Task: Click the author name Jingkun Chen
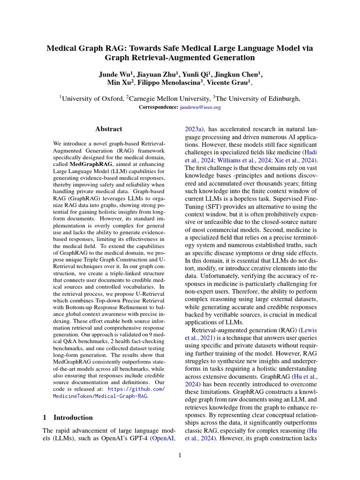click(240, 75)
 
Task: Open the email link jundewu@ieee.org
click(200, 107)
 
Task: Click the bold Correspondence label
click(158, 107)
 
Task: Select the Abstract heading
click(108, 129)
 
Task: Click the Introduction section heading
click(73, 417)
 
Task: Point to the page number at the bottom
click(180, 454)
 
